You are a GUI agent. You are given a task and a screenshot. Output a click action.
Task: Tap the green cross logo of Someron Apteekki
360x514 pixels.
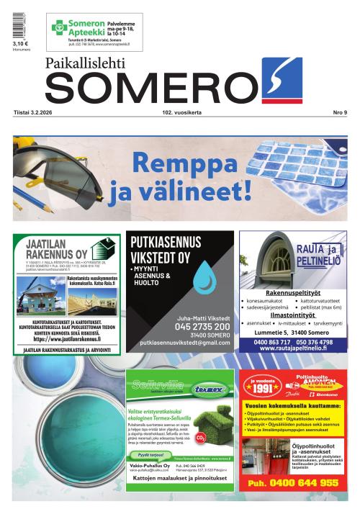pyautogui.click(x=59, y=28)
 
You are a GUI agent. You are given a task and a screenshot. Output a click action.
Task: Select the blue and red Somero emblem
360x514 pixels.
pyautogui.click(x=283, y=81)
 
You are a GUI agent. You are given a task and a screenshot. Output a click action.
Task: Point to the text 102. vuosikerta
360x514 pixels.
pyautogui.click(x=181, y=113)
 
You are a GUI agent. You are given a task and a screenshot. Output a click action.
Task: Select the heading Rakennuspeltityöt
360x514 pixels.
pyautogui.click(x=292, y=293)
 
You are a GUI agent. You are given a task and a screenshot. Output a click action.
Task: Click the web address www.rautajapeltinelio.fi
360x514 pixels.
pyautogui.click(x=292, y=348)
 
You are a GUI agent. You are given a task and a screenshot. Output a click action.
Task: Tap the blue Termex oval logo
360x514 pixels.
pyautogui.click(x=210, y=389)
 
